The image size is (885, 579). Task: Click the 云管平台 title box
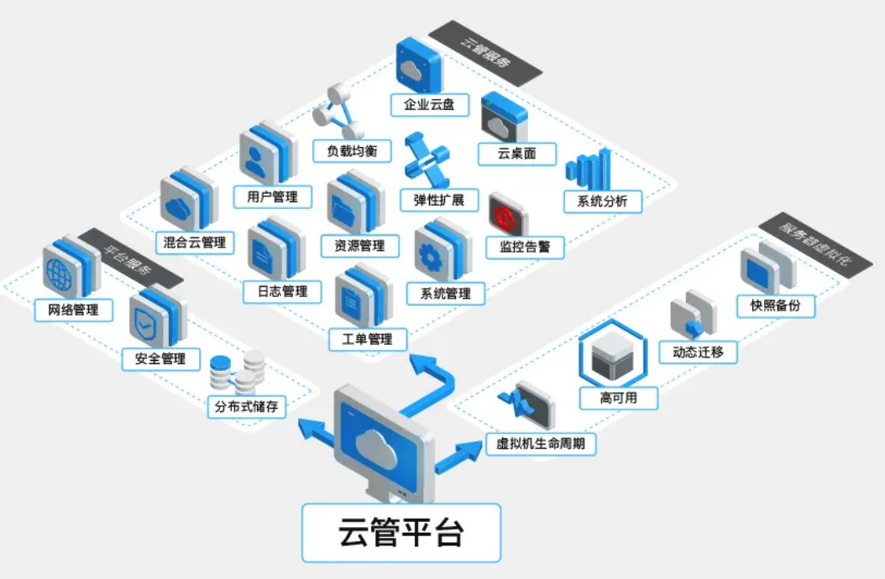coord(401,533)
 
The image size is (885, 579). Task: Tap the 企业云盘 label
coord(430,105)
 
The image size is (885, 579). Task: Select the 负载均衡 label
coord(352,151)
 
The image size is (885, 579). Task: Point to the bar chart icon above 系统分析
coord(589,169)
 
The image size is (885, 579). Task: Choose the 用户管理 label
coord(273,197)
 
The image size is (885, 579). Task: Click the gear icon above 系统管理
coord(442,251)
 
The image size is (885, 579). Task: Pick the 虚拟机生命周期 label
coord(541,444)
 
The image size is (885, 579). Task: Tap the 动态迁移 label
coord(699,352)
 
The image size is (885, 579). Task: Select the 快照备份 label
coord(776,306)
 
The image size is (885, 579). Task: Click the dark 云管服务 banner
coord(485,54)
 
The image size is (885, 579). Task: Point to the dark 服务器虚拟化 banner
coord(815,245)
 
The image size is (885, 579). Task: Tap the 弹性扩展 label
coord(439,201)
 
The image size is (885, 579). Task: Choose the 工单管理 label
coord(368,340)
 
